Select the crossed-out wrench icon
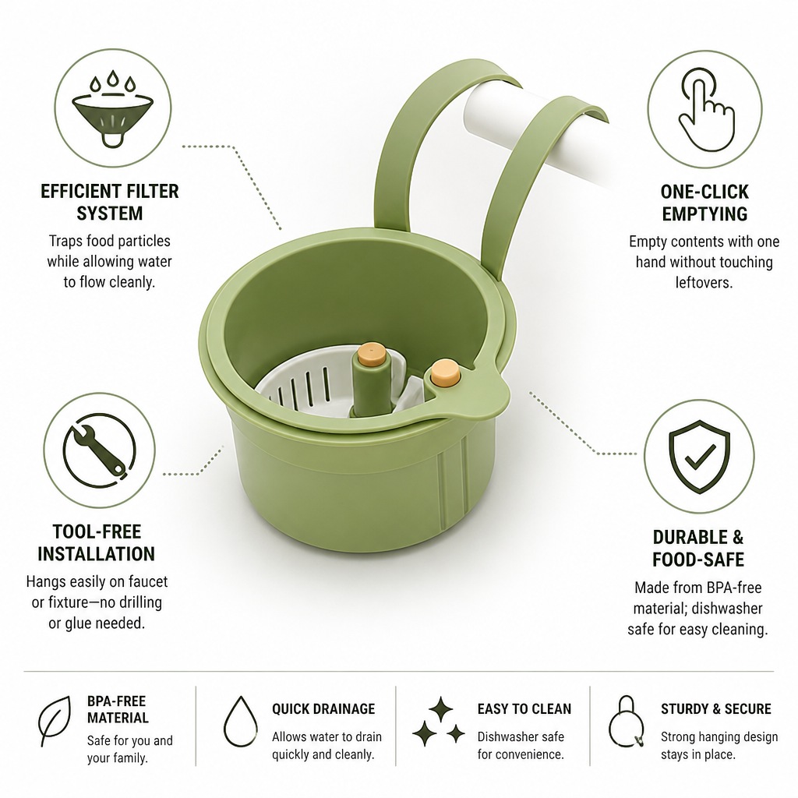[x=100, y=450]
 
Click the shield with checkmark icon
[x=699, y=456]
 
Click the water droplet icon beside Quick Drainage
[x=241, y=721]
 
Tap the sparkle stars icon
[x=439, y=722]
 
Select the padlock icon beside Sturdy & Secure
[x=627, y=722]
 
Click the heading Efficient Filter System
[x=110, y=202]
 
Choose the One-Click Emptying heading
[x=704, y=203]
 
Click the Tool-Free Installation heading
[x=96, y=542]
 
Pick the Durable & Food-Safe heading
[x=698, y=548]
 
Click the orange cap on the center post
[x=372, y=354]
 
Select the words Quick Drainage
[x=323, y=709]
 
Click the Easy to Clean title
[x=524, y=709]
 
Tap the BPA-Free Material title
[x=118, y=709]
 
